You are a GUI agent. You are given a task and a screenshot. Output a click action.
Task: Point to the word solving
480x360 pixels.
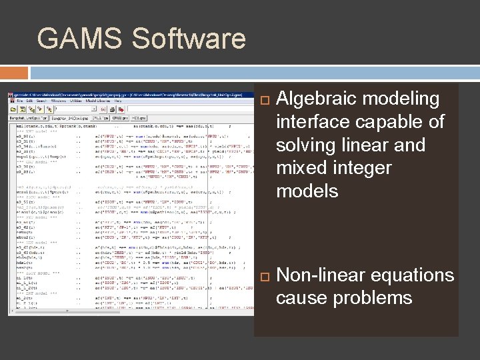point(307,145)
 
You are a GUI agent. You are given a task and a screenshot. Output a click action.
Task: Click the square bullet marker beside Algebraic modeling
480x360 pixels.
point(263,100)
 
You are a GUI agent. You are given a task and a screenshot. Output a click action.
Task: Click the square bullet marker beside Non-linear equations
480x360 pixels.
point(263,275)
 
